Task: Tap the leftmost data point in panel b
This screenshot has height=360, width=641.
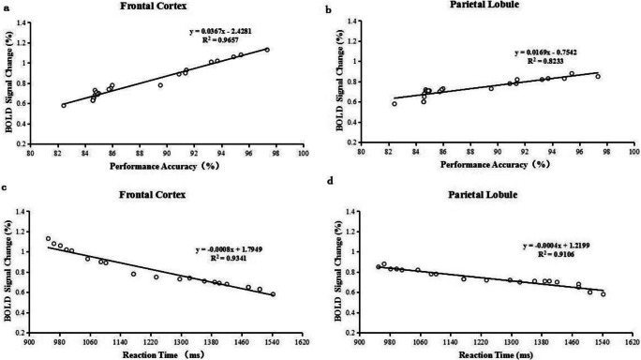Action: [395, 104]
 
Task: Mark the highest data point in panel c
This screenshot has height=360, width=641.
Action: [48, 238]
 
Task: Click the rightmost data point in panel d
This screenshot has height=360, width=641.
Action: [604, 294]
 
